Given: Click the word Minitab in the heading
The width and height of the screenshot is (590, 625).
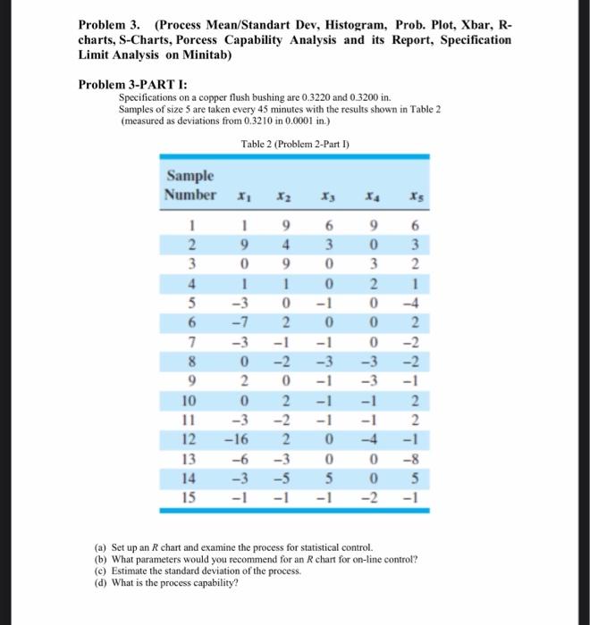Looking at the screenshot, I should (200, 55).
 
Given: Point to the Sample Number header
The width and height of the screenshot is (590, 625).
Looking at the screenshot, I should (191, 185).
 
